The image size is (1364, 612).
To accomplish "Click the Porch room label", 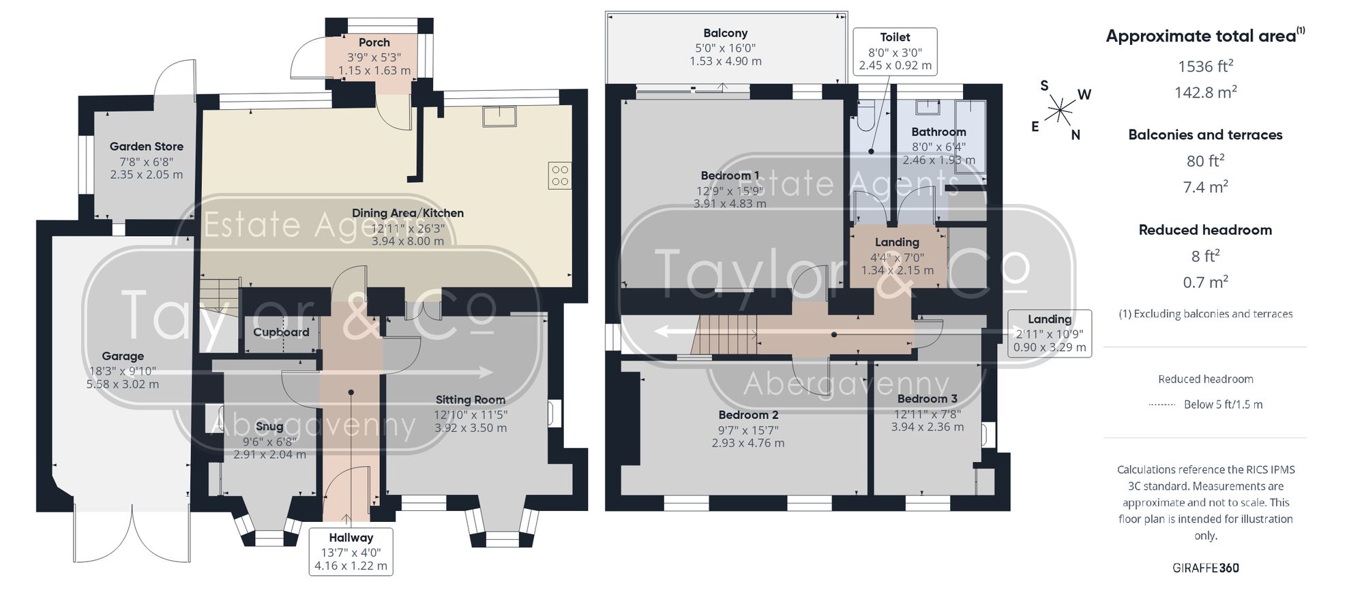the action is click(x=374, y=42).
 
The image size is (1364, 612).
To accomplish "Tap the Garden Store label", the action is click(x=147, y=146).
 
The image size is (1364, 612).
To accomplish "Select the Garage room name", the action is click(x=123, y=356).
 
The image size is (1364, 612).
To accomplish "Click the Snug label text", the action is click(x=269, y=426).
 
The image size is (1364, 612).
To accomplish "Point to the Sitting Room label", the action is click(x=471, y=400).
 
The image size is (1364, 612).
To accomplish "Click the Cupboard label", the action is click(x=281, y=332).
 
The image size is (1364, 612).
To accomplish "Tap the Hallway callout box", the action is click(x=351, y=551).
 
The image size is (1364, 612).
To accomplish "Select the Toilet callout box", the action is click(x=895, y=51).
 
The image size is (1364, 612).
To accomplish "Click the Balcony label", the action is click(x=726, y=33).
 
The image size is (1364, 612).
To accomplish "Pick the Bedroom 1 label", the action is click(x=730, y=176).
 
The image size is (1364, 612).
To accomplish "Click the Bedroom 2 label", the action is click(x=748, y=415).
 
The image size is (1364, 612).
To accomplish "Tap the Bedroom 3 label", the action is click(x=928, y=398).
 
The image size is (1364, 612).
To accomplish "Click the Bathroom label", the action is click(x=938, y=132).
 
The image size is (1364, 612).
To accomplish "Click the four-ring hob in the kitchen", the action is click(x=560, y=175).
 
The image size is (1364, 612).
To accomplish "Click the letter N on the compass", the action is click(x=1076, y=135).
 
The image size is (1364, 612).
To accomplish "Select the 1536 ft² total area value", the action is click(x=1205, y=65).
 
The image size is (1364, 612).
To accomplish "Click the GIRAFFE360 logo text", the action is click(x=1206, y=568).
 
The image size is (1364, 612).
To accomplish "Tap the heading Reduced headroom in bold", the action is click(x=1205, y=230).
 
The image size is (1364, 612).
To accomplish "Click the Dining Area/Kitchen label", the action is click(x=408, y=213).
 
